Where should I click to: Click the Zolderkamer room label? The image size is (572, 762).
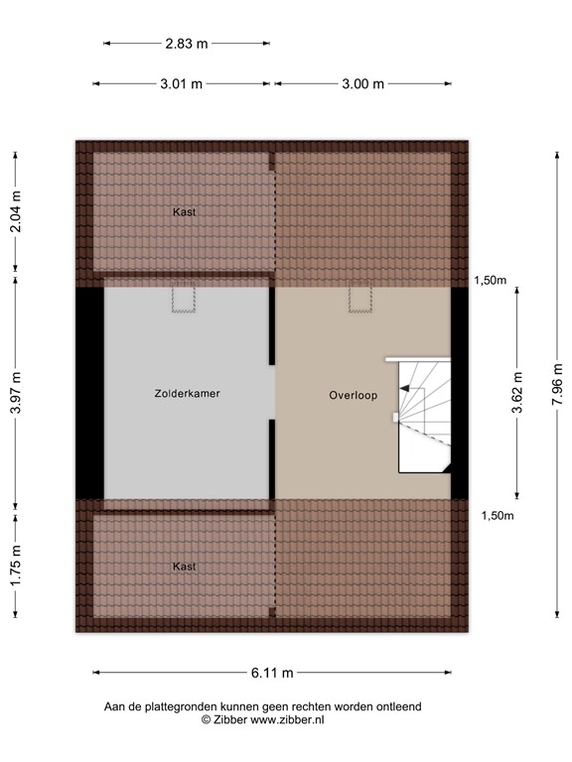[x=187, y=394]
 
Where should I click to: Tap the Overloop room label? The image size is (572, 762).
[x=354, y=395]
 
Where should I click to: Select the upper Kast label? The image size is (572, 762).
[x=183, y=211]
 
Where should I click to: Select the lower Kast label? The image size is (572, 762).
[x=184, y=567]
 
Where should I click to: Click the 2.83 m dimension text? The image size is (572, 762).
[x=187, y=44]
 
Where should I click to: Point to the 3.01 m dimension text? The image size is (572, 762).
[x=181, y=84]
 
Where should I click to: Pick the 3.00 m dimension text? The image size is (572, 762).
[x=362, y=84]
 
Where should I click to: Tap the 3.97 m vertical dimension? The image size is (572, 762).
[x=15, y=393]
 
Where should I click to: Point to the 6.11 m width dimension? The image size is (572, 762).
[x=272, y=673]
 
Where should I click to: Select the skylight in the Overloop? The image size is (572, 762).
[x=359, y=300]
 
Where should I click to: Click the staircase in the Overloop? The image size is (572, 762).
[x=424, y=415]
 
